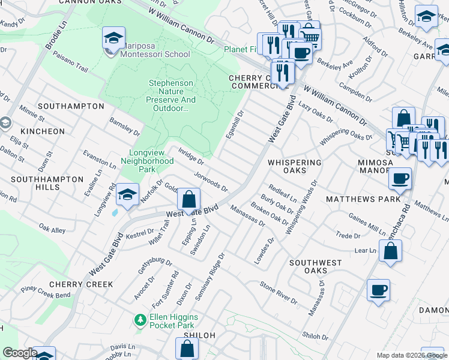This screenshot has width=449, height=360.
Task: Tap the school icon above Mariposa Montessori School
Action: (x=113, y=39)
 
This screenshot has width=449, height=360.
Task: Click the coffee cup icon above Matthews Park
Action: (x=400, y=179)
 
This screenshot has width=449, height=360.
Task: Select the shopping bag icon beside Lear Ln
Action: (x=390, y=253)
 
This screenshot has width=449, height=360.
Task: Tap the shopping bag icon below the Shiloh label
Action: (x=187, y=349)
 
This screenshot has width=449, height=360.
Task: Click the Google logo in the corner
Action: (x=19, y=353)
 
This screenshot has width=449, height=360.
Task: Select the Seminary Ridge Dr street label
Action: (x=214, y=271)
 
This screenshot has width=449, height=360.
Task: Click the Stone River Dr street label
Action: (x=278, y=292)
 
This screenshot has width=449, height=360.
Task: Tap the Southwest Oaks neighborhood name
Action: (x=315, y=267)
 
